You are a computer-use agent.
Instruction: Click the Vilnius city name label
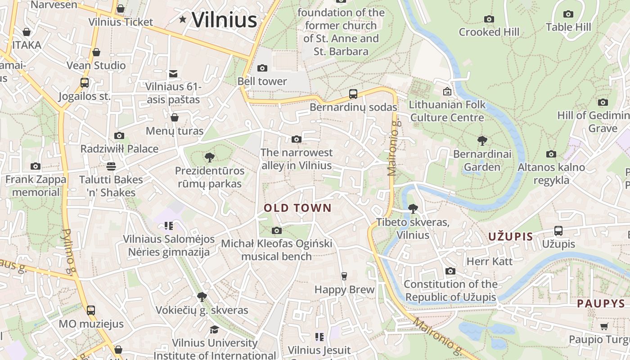[x=224, y=20]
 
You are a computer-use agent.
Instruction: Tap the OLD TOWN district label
[x=297, y=208]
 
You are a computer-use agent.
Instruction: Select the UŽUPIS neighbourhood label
[x=511, y=236]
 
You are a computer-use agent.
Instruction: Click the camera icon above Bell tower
[x=262, y=68]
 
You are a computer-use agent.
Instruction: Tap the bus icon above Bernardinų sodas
[x=353, y=94]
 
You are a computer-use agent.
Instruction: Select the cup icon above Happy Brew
[x=344, y=276]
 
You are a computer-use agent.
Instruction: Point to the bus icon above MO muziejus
[x=91, y=310]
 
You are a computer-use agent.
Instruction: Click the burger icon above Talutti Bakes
[x=111, y=166]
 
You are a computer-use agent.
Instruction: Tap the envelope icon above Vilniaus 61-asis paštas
[x=173, y=73]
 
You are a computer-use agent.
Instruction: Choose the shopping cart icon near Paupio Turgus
[x=604, y=326]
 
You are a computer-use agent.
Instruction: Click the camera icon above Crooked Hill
[x=489, y=19]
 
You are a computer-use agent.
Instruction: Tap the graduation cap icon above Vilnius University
[x=214, y=329]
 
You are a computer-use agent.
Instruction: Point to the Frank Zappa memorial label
[x=36, y=185]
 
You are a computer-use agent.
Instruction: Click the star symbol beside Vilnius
[x=183, y=19]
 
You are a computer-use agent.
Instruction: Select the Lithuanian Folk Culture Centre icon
[x=447, y=91]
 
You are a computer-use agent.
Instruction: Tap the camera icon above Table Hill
[x=568, y=14]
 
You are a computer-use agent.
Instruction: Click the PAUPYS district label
[x=601, y=303]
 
